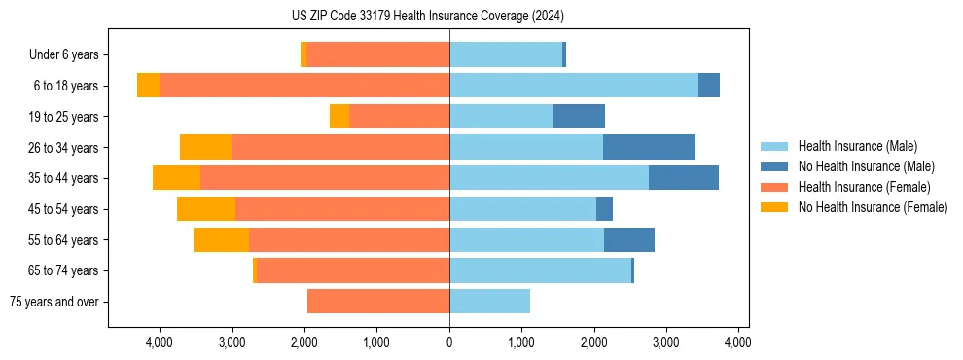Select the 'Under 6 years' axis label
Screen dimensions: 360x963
coord(64,55)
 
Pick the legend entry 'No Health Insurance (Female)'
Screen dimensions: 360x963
coord(873,207)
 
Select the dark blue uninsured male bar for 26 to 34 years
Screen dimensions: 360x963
coord(649,147)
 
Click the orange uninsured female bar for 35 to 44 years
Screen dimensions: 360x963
coord(176,178)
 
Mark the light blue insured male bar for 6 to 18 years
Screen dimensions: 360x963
coord(574,86)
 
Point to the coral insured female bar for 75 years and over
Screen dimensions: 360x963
coord(378,302)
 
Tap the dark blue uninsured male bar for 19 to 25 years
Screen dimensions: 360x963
coord(579,117)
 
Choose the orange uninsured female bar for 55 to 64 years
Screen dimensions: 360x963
coord(221,239)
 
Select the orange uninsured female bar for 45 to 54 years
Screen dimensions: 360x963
coord(206,209)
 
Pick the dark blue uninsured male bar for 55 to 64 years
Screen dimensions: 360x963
coord(629,239)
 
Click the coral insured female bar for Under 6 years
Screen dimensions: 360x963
coord(377,55)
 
